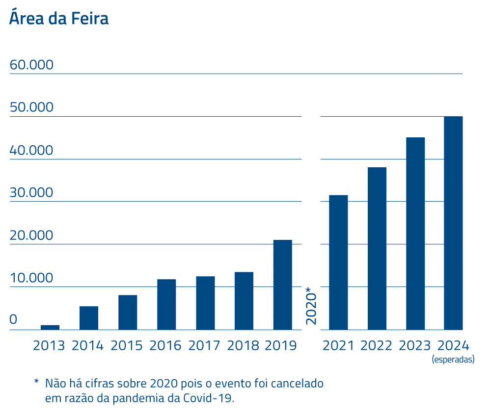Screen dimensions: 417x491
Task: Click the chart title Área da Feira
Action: point(59,18)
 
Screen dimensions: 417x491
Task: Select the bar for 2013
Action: point(50,327)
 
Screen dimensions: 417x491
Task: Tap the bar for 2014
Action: point(89,317)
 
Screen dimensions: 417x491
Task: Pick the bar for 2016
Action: point(166,304)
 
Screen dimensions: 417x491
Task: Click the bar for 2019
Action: point(282,285)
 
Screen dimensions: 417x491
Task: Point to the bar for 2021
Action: point(338,262)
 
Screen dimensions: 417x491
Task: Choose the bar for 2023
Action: point(415,233)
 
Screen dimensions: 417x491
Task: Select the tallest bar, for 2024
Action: point(453,223)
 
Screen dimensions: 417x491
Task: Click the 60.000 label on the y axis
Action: point(31,65)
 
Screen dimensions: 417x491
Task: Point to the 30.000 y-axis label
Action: point(31,192)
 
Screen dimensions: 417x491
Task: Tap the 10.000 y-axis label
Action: point(31,278)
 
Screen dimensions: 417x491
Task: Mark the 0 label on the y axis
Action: point(13,320)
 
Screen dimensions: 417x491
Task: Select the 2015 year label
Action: point(127,345)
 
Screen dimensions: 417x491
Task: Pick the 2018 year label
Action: point(243,345)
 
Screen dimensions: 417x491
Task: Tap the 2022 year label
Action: point(377,345)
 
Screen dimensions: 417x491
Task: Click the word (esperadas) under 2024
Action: point(453,360)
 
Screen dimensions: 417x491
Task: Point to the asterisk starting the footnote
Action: point(36,382)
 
